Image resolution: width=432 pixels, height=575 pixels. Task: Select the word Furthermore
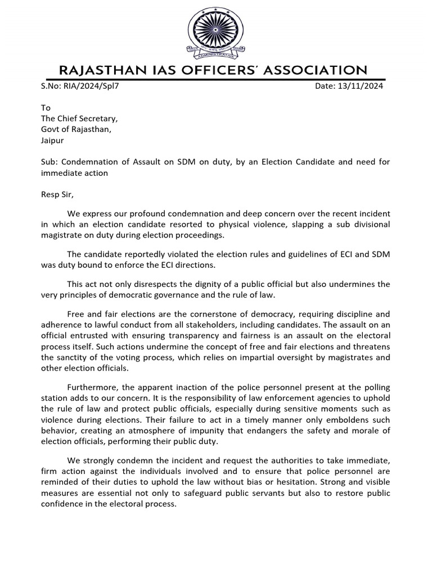[92, 387]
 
